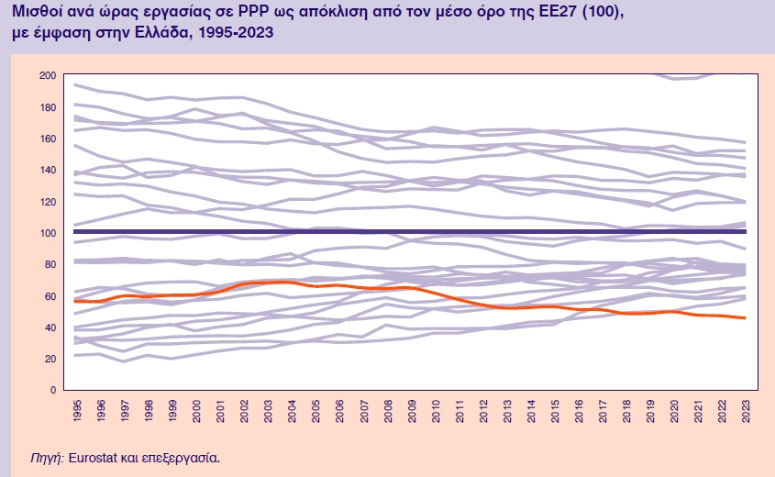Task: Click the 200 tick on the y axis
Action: click(47, 74)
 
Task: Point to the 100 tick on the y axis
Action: click(47, 232)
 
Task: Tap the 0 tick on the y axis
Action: click(52, 390)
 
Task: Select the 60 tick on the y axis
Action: click(50, 295)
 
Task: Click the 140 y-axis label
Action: click(47, 170)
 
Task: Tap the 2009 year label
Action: click(409, 409)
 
